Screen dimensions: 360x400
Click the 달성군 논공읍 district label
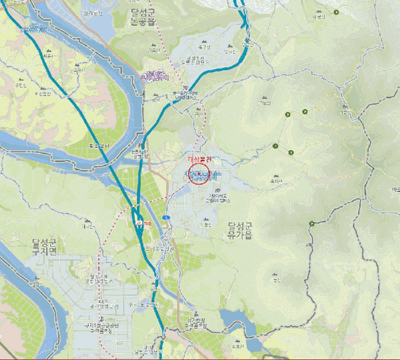click(143, 17)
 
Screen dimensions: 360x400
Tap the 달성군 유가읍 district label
click(239, 230)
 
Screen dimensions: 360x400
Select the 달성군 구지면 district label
click(45, 247)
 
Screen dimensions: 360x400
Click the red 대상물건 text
click(199, 158)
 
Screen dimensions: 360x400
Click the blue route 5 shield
click(165, 218)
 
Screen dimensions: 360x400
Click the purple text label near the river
click(155, 75)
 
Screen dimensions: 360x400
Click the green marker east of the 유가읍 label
click(311, 223)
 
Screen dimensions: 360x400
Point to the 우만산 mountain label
click(22, 85)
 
